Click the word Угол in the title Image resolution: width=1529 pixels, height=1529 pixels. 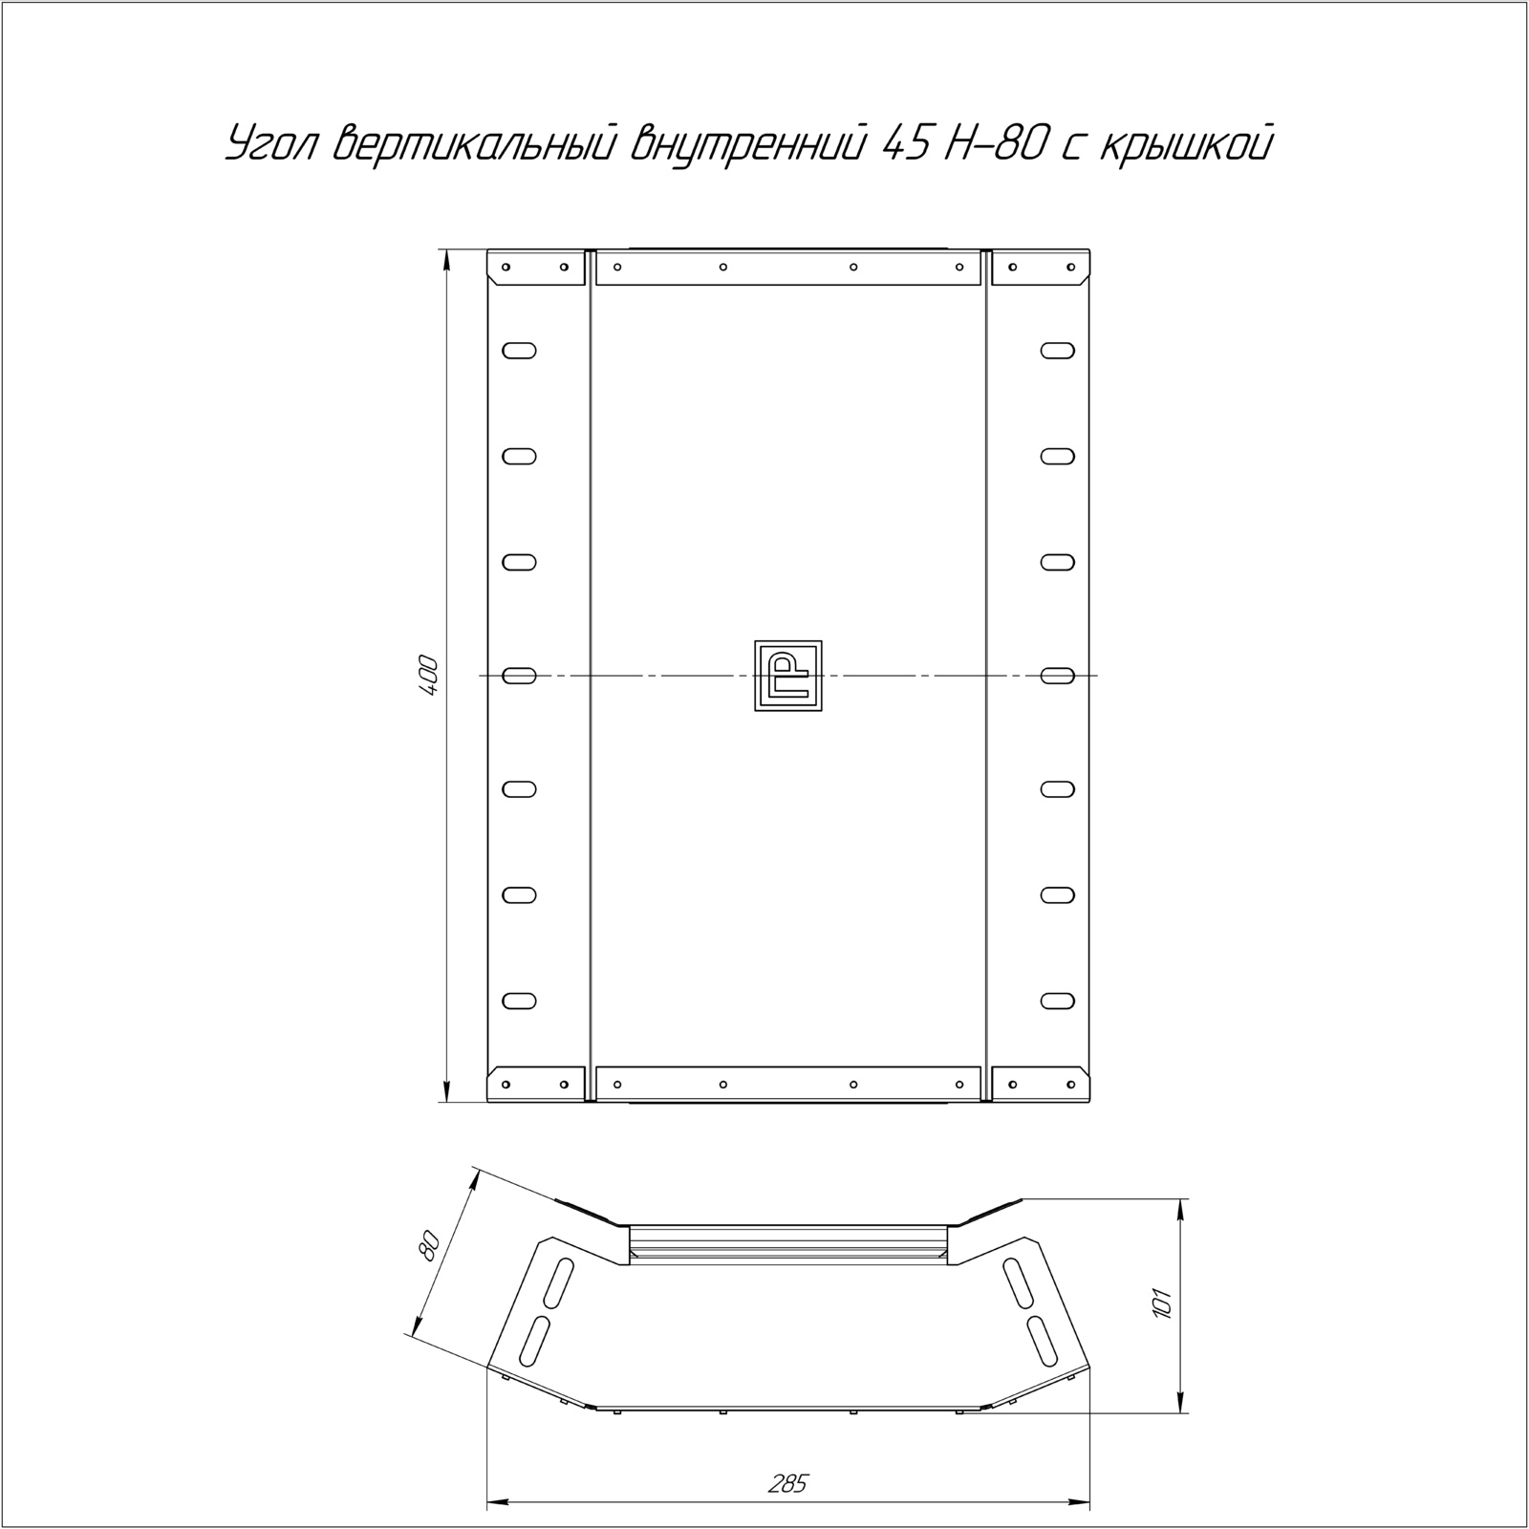click(273, 144)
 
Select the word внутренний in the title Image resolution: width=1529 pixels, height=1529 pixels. click(747, 144)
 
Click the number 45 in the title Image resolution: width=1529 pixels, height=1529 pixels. click(906, 144)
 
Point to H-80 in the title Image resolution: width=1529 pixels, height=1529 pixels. click(995, 144)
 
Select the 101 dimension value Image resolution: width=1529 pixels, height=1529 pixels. click(1162, 1305)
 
